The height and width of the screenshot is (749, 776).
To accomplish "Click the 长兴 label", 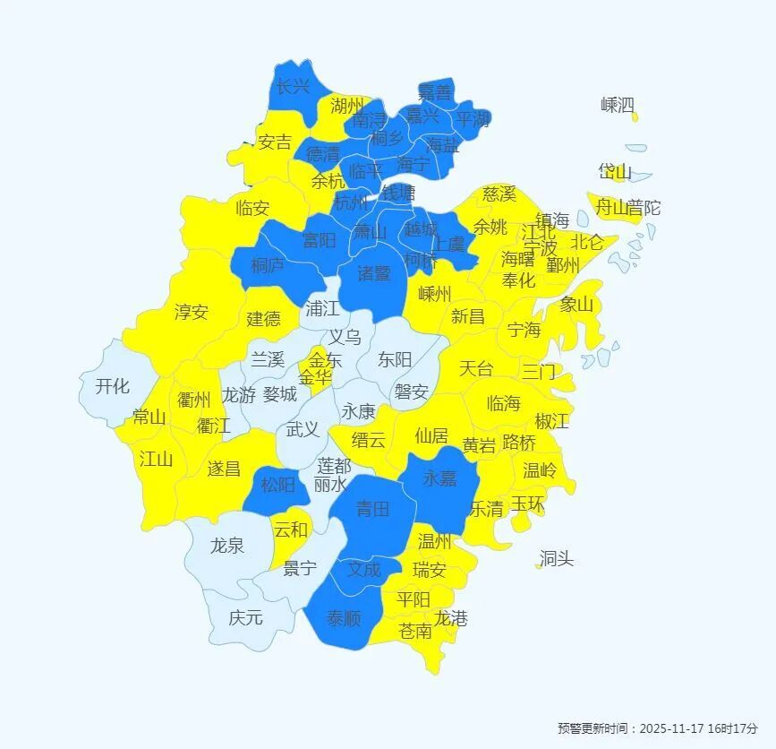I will tap(293, 87).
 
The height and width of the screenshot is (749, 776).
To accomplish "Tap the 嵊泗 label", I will tap(618, 105).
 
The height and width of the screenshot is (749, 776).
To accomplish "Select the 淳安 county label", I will tap(192, 312).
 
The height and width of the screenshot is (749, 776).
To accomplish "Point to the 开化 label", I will tap(112, 386).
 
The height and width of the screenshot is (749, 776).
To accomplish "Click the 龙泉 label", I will tap(226, 545).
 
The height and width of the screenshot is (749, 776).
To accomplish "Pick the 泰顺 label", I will tap(343, 617).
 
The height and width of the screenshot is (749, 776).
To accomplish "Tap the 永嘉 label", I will tap(439, 478).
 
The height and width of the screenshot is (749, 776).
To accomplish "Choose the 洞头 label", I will tap(557, 559).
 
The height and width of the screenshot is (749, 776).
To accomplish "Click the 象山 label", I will tap(576, 304).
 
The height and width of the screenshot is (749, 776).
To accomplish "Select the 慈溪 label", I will tap(499, 194).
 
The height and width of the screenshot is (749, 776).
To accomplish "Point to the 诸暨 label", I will tap(374, 272).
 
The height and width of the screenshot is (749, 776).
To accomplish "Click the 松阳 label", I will tap(277, 485).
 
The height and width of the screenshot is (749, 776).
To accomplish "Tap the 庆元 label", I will tap(245, 617).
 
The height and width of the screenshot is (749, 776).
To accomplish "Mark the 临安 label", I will tap(252, 208).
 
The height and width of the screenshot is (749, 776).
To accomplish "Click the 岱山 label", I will tap(615, 171).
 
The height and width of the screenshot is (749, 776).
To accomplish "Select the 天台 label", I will tap(476, 368).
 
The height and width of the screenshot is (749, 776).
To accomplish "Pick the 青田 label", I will tap(372, 509).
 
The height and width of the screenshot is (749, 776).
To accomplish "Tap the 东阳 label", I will tap(395, 359).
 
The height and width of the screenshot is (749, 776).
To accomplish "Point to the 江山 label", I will tap(156, 459).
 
